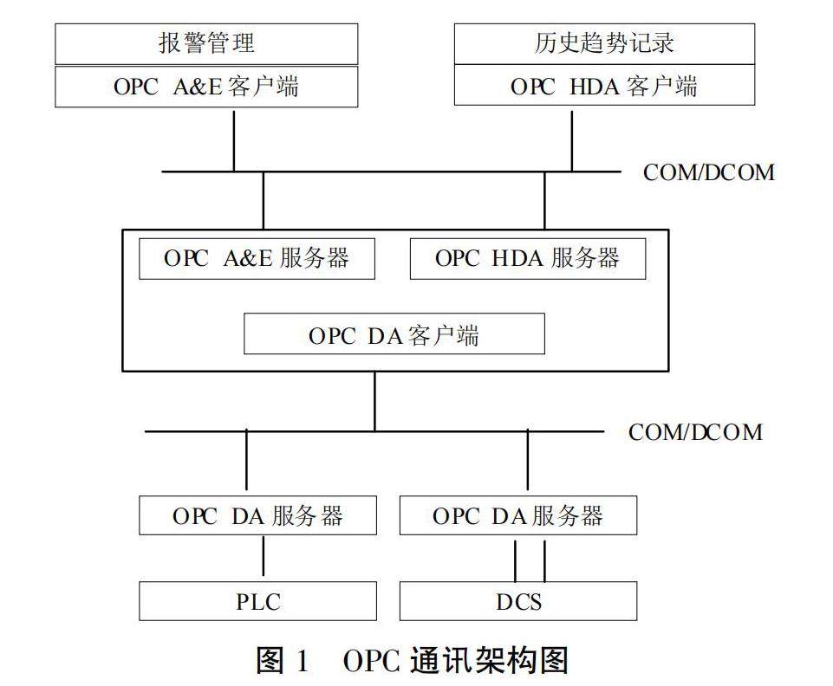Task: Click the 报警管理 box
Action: (206, 43)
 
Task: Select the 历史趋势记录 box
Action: (604, 43)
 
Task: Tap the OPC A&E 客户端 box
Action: (206, 87)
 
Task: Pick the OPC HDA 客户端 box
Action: (604, 87)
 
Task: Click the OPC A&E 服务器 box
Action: (257, 259)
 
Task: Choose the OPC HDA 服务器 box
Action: (527, 259)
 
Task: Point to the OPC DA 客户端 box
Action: (394, 334)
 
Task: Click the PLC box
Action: (258, 601)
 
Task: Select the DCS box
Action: (518, 601)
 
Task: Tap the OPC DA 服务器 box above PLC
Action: (258, 515)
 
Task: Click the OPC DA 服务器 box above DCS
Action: (518, 515)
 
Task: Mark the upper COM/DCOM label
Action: (708, 171)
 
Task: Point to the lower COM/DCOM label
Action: (696, 431)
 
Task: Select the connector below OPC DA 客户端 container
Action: (374, 400)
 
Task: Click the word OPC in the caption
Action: (370, 662)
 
